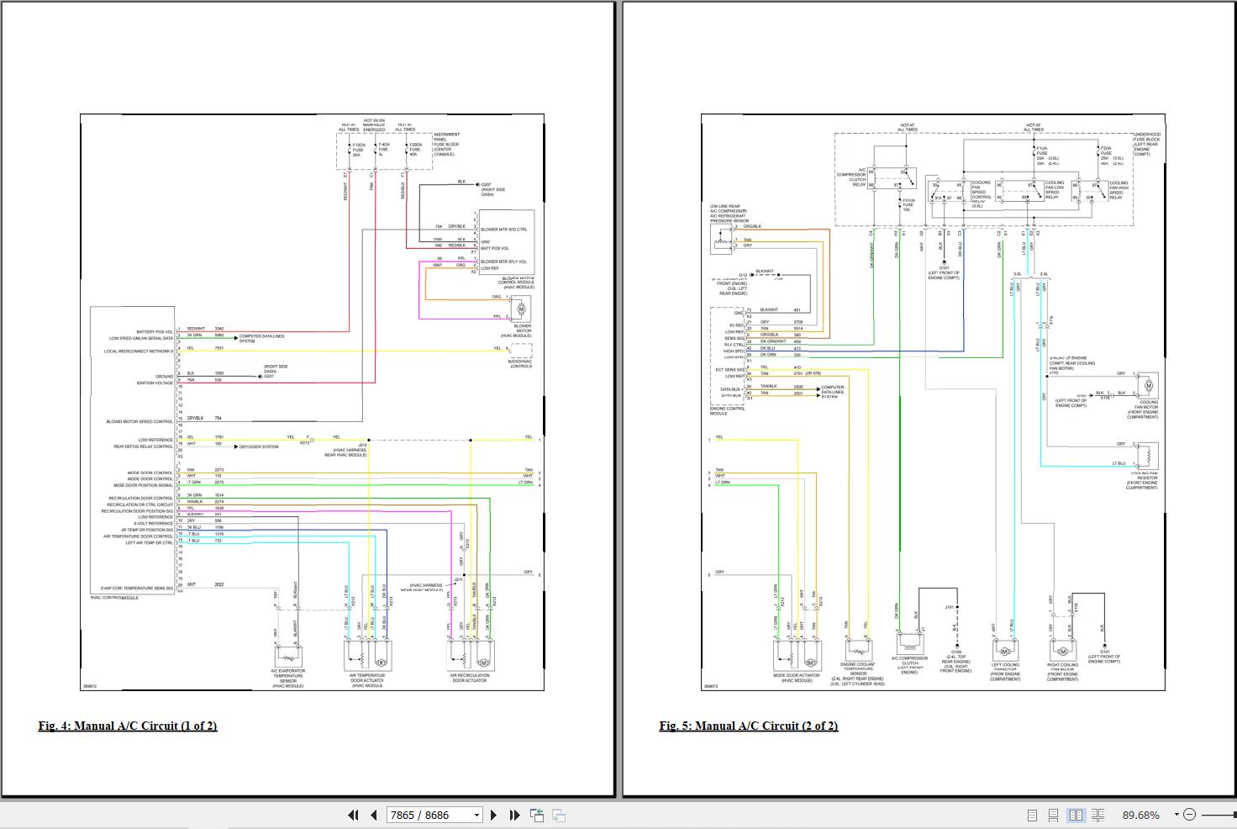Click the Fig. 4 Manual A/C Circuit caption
tap(128, 726)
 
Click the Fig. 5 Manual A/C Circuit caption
tap(749, 726)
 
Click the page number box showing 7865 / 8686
tap(434, 815)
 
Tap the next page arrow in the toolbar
tap(493, 815)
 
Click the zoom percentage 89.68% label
tap(1140, 815)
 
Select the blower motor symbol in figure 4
tap(521, 309)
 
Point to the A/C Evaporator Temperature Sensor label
tap(287, 677)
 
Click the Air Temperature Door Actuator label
tap(367, 679)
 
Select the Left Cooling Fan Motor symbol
tap(1003, 650)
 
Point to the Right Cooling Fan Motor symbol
tap(1062, 651)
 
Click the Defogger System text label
tap(261, 446)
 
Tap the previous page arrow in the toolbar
tap(373, 815)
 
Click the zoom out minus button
tap(1189, 815)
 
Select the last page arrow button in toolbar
tap(514, 815)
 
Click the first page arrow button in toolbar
tap(353, 815)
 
